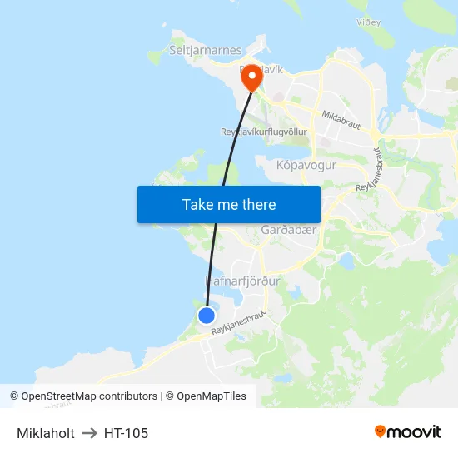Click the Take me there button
pos(229,204)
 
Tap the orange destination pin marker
pos(251,78)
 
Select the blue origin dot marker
pos(206,315)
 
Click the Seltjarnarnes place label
pos(205,51)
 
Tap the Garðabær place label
pos(289,229)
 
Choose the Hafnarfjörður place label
pos(242,281)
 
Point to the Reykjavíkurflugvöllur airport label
pos(263,132)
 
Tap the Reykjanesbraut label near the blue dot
pos(238,323)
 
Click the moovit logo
pos(408,432)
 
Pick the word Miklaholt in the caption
pos(46,433)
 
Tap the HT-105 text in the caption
pos(126,433)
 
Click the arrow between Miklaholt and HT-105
pos(89,433)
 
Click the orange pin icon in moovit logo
pos(381,431)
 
